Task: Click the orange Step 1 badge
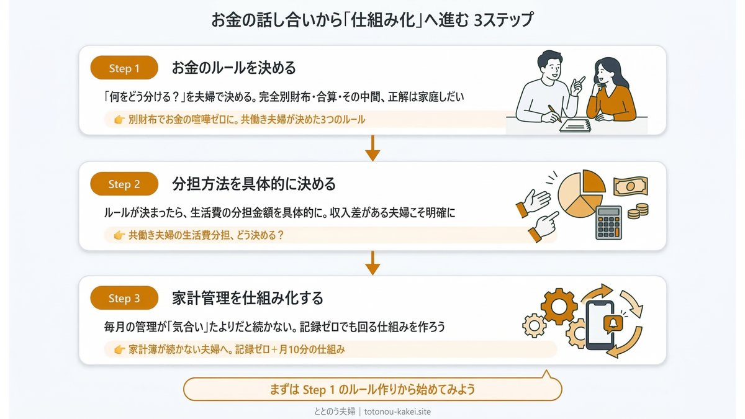point(124,68)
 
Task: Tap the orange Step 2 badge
point(124,184)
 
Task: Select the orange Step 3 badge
point(124,299)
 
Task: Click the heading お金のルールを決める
point(234,68)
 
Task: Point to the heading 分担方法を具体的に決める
point(254,184)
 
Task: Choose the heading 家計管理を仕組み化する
point(248,298)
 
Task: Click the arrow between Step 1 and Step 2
point(372,147)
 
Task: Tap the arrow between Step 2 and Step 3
point(372,263)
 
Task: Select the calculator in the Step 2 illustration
point(609,222)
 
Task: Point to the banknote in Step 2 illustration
point(630,186)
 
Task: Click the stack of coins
point(638,210)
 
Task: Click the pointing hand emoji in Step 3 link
point(120,350)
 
